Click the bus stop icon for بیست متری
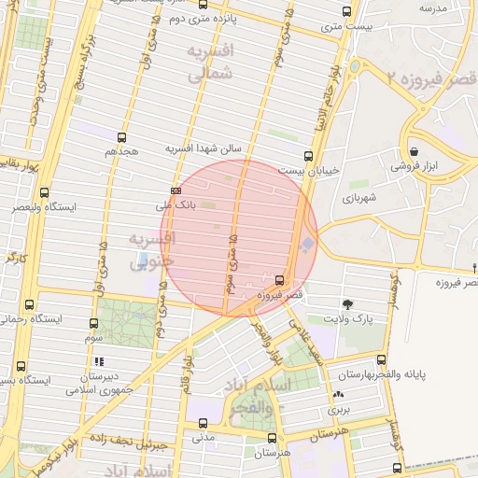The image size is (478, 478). coord(347,12)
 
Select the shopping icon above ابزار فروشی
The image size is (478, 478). coord(413,150)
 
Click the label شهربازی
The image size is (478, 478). coord(358,198)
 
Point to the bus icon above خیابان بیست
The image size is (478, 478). coord(308,156)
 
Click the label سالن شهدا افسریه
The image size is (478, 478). coord(204,148)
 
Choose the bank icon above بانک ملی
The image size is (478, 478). coord(175,190)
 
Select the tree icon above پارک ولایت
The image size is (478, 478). coord(348,303)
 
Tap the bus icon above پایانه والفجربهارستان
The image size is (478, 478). coord(381,359)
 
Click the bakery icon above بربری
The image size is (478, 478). coord(336,395)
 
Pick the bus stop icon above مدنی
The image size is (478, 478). coord(203,423)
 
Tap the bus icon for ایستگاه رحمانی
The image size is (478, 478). coord(29,304)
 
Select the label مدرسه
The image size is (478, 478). coord(435,7)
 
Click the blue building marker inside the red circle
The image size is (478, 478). coord(307,245)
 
